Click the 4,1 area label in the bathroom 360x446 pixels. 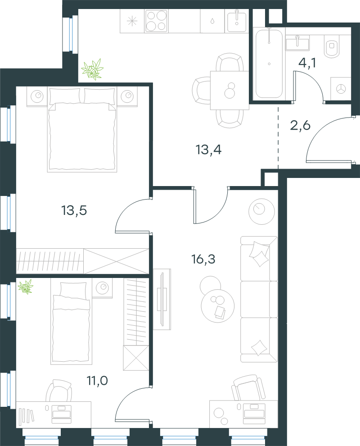[307, 63]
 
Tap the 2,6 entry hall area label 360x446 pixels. [300, 125]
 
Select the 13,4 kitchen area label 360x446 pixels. [208, 150]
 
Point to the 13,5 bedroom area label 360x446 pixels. [74, 210]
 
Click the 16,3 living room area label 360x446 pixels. [203, 259]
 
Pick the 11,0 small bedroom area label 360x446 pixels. [97, 380]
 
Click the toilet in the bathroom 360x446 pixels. [332, 46]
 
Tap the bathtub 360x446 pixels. [269, 64]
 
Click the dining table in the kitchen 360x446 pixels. [229, 90]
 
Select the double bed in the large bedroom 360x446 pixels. [82, 130]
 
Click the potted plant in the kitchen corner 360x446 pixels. [92, 69]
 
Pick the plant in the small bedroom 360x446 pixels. [26, 287]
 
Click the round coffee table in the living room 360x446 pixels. [218, 306]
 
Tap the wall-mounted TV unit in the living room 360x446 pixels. [162, 299]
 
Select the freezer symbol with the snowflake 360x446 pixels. [132, 21]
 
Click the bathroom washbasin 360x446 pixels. [297, 43]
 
